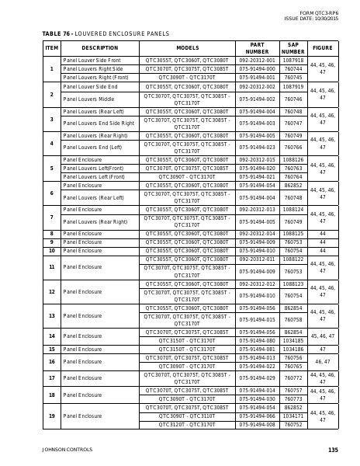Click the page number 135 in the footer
pos(334,450)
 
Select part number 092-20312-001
pos(257,60)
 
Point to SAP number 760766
pos(293,148)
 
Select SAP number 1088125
pos(293,233)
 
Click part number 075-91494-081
pos(257,349)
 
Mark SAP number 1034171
pos(293,416)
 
